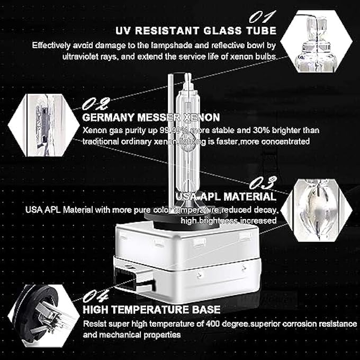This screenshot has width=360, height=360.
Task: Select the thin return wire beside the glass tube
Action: tap(170, 132)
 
